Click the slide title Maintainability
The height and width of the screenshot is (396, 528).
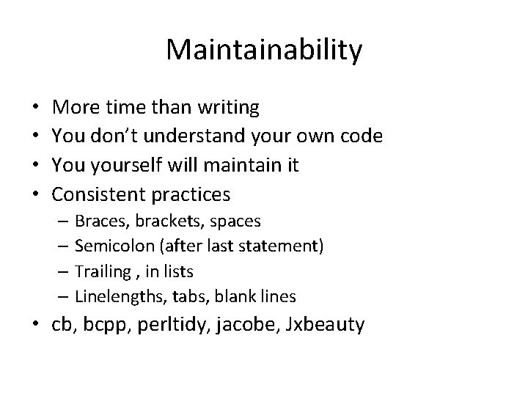pos(264,51)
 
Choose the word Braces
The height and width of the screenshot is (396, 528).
pos(99,221)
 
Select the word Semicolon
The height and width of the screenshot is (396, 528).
pos(111,246)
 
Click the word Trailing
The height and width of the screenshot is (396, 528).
pos(103,272)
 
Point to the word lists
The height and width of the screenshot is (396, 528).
pos(179,271)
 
